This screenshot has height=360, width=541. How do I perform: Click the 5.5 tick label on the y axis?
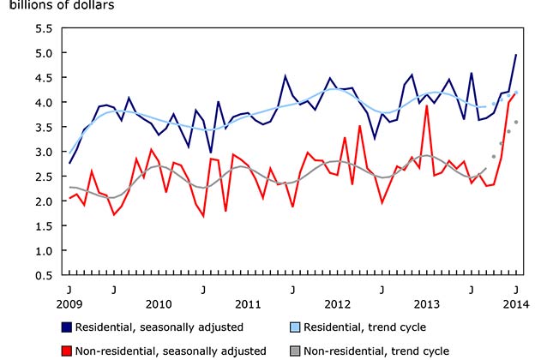[43, 28]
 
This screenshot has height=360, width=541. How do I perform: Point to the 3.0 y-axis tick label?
[43, 152]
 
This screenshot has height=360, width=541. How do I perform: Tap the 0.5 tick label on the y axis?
[43, 276]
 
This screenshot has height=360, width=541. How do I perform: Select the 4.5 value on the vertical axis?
[43, 78]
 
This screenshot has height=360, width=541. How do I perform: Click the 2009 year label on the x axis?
[69, 304]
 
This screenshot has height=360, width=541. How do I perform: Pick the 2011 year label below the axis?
[248, 304]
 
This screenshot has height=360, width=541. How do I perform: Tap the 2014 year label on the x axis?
[515, 304]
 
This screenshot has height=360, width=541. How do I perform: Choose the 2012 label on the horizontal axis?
[337, 304]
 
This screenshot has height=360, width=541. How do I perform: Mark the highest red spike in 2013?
[426, 106]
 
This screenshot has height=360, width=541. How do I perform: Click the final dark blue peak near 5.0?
[515, 55]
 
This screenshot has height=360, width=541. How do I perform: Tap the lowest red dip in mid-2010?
[203, 216]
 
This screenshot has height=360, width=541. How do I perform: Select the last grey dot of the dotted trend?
[515, 122]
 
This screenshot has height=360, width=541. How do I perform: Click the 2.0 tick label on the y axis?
[43, 201]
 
